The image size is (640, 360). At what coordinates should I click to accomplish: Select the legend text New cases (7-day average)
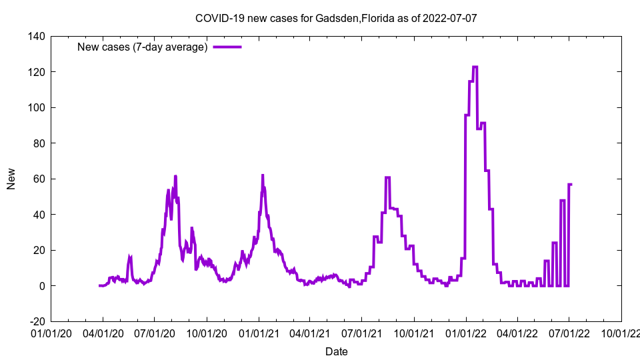(x=143, y=47)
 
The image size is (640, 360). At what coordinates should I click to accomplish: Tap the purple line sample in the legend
(x=227, y=47)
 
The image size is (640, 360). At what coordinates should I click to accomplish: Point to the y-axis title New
(x=11, y=179)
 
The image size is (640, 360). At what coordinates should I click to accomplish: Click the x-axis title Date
(x=336, y=351)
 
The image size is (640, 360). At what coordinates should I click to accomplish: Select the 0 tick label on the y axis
(x=41, y=286)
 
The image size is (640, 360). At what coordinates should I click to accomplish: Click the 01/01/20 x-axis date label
(x=51, y=332)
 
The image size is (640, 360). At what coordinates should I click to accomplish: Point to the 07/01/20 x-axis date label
(x=155, y=332)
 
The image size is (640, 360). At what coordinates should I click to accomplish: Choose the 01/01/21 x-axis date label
(x=259, y=332)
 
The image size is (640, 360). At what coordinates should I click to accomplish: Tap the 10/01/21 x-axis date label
(x=414, y=332)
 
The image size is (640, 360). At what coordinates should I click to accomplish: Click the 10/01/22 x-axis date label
(x=621, y=332)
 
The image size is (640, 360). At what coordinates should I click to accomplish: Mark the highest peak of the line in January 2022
(x=475, y=67)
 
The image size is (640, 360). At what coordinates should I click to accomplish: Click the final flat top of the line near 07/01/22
(x=570, y=184)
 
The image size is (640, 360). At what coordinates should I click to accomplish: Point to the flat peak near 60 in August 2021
(x=387, y=177)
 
